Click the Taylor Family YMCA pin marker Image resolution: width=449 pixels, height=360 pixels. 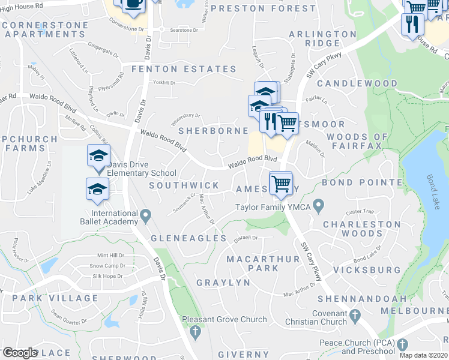tap(318, 207)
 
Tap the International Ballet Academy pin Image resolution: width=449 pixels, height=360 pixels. tap(145, 214)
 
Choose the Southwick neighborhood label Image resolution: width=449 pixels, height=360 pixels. tap(184, 185)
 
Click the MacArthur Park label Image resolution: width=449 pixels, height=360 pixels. tap(253, 263)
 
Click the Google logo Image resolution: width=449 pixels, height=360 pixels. tap(20, 353)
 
